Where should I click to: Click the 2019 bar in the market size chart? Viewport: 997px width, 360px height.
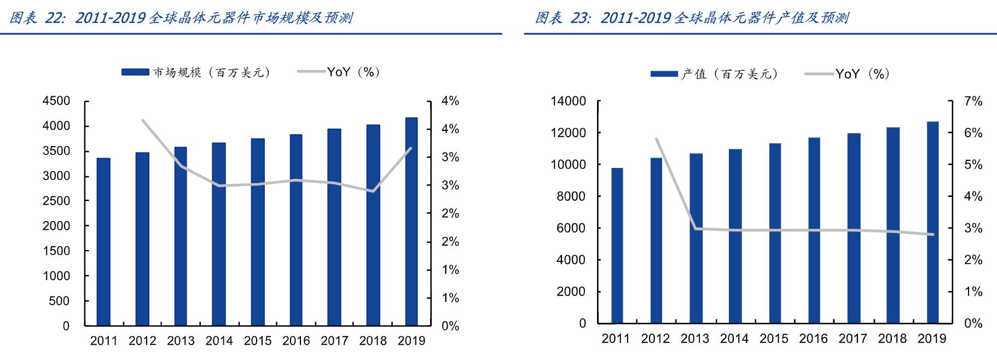(411, 222)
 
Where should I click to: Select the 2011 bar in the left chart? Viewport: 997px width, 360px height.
(103, 242)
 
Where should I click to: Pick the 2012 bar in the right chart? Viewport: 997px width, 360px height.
(656, 240)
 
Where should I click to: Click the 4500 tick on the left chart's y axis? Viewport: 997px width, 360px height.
(56, 101)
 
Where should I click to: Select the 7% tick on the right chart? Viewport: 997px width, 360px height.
(973, 101)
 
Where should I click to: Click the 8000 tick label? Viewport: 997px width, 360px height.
(571, 196)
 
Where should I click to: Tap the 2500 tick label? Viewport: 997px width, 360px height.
(56, 201)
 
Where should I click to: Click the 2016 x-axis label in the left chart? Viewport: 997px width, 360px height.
(296, 341)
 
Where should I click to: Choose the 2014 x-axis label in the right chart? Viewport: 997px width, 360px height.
(734, 339)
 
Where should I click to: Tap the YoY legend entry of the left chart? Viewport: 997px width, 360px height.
(352, 72)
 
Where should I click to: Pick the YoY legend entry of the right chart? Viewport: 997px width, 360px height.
(861, 74)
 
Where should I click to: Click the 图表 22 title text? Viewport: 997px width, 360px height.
(181, 18)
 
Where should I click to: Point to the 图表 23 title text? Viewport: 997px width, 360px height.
(692, 18)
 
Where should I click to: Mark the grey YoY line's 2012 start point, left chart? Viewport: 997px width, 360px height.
(142, 120)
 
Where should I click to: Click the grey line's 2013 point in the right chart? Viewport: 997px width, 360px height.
(695, 228)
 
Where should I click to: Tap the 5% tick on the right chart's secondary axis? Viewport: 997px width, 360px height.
(973, 165)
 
